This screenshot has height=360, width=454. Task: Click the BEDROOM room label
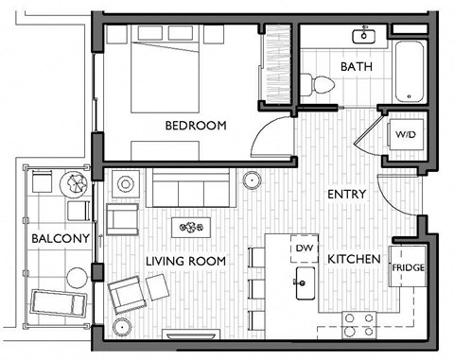(197, 126)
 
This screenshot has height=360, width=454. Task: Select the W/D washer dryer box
(404, 135)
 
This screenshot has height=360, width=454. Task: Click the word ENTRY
(346, 195)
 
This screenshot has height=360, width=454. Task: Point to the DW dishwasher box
(304, 248)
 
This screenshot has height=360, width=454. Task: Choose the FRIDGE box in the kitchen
(408, 268)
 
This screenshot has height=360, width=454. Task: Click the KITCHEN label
(354, 259)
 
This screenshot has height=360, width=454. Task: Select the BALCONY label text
(53, 238)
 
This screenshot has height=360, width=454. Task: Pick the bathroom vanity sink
(364, 37)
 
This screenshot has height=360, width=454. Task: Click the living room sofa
(193, 192)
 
